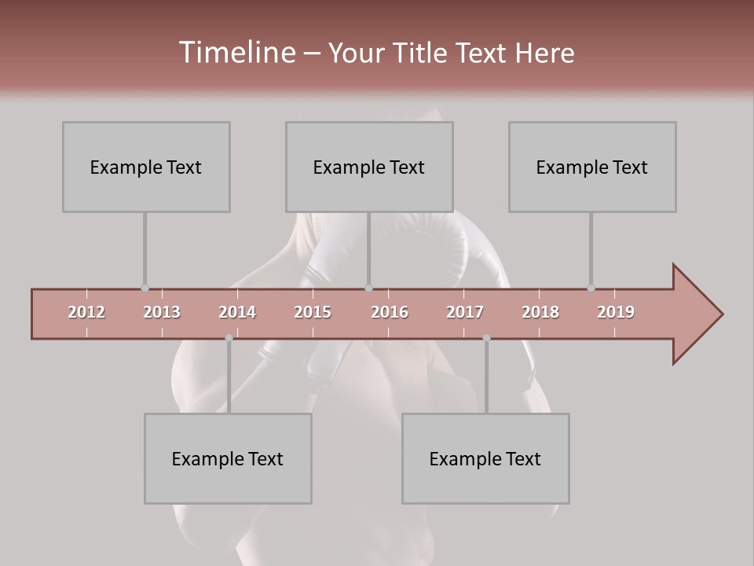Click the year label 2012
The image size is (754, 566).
(86, 312)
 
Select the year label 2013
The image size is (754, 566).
(162, 312)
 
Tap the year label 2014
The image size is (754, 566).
(237, 312)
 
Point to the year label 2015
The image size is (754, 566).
(313, 312)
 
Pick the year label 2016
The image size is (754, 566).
(390, 312)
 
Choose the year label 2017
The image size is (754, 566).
(465, 312)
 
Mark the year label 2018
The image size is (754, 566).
(540, 312)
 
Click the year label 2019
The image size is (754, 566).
(616, 312)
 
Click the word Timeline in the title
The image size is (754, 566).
(236, 53)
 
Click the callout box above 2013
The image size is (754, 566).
(146, 167)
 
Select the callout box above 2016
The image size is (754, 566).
(369, 167)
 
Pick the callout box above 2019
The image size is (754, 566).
(592, 167)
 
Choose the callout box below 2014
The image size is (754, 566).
(228, 458)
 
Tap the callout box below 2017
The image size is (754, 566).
(485, 458)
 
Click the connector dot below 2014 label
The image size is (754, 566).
(229, 338)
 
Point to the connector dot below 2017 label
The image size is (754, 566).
(486, 338)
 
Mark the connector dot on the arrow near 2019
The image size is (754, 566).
(591, 289)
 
